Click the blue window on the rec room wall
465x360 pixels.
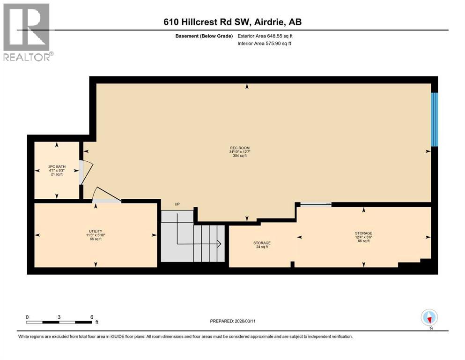pyautogui.click(x=435, y=119)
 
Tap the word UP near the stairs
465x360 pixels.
pyautogui.click(x=177, y=204)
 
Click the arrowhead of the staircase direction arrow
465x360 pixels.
pyautogui.click(x=219, y=243)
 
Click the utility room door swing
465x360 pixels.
pyautogui.click(x=105, y=195)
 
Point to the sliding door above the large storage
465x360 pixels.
pyautogui.click(x=316, y=204)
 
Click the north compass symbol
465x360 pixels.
pyautogui.click(x=429, y=318)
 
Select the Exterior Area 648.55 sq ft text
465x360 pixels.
pyautogui.click(x=266, y=36)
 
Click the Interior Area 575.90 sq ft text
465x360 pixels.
pyautogui.click(x=265, y=44)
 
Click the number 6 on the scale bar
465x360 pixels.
pyautogui.click(x=91, y=317)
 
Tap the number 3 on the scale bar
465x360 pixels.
pyautogui.click(x=59, y=317)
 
